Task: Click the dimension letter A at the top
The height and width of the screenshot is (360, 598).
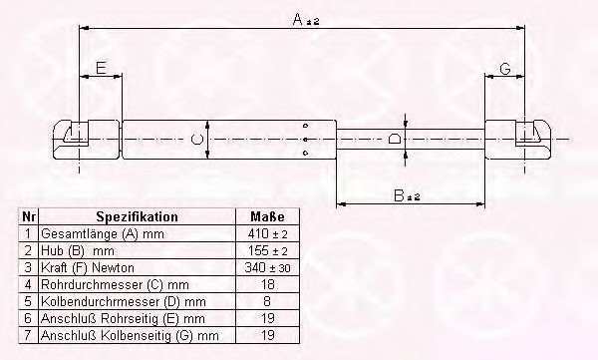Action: (x=298, y=19)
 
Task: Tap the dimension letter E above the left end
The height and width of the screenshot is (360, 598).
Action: (x=101, y=69)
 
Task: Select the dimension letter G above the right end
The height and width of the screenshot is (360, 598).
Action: (x=505, y=69)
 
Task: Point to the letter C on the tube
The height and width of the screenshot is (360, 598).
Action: (x=196, y=140)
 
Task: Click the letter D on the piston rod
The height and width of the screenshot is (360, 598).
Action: (x=395, y=139)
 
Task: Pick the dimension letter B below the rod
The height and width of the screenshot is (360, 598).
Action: (x=399, y=195)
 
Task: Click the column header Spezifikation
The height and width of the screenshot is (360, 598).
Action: (x=137, y=216)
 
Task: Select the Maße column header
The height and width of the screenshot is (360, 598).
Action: (x=267, y=216)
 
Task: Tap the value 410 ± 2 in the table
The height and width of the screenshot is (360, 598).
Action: (x=267, y=233)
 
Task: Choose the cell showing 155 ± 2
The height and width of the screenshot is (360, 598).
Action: (x=267, y=251)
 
